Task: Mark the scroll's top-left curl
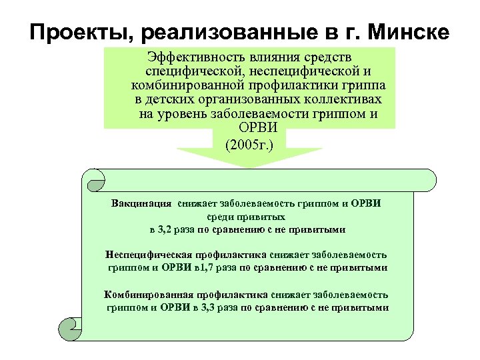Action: (94, 178)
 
